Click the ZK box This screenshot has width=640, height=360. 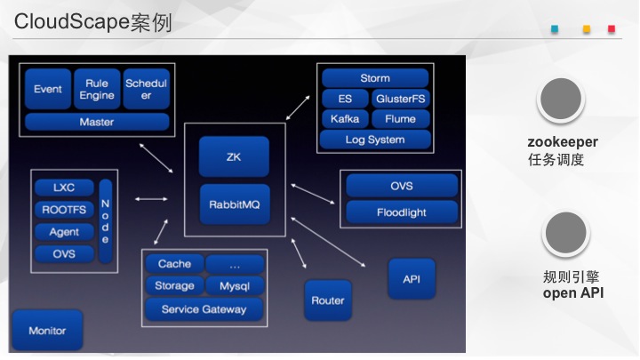click(234, 156)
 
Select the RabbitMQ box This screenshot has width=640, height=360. click(235, 204)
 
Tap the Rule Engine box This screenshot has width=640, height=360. click(97, 89)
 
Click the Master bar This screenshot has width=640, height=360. click(97, 122)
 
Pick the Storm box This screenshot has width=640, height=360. click(375, 78)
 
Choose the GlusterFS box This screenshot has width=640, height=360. click(400, 99)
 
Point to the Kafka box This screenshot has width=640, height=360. click(345, 119)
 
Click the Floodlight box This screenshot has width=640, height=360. click(402, 212)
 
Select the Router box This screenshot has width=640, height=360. click(328, 300)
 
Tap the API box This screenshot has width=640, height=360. click(412, 279)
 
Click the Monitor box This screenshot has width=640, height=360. click(47, 330)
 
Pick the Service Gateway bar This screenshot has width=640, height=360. click(204, 309)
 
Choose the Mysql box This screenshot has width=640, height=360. click(235, 285)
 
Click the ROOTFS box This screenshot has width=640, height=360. click(64, 210)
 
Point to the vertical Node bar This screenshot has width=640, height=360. click(105, 220)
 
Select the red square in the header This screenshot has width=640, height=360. click(612, 29)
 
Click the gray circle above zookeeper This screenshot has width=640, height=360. click(561, 99)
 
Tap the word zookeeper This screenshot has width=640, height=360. click(563, 141)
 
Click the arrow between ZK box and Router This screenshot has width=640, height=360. click(299, 253)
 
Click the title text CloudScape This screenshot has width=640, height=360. click(72, 21)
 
